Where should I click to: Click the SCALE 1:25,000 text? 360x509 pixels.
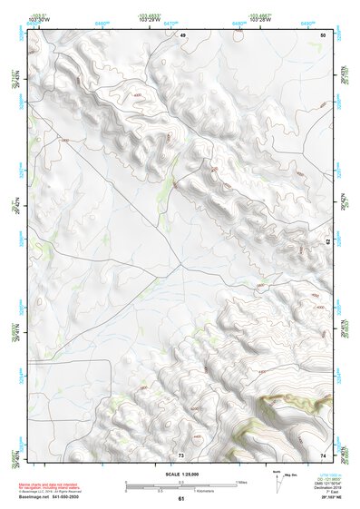180,473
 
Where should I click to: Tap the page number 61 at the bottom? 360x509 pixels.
181,499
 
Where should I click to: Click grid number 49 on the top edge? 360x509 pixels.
181,34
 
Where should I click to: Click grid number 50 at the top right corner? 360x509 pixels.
324,34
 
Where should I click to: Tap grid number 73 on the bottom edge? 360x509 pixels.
181,455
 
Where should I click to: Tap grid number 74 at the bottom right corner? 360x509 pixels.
324,455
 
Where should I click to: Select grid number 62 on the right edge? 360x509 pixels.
329,241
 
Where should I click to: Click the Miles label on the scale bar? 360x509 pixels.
240,482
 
